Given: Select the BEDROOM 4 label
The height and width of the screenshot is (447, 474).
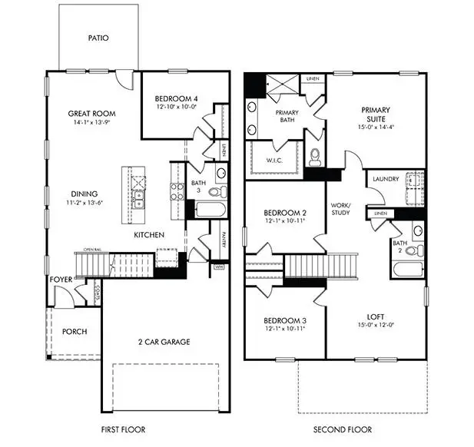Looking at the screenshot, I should coord(176,99).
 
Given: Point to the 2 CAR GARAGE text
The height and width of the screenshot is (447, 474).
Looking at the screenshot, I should coord(164,342).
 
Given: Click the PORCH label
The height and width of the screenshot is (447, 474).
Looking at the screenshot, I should coord(75,332).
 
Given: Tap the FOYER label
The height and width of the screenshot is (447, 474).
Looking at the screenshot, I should coord(62,280).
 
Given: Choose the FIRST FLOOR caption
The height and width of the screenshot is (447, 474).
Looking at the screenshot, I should coord(123,429).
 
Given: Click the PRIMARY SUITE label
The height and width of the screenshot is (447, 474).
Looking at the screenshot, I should coord(376,114).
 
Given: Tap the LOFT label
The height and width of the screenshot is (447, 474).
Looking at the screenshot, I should coord(376,316).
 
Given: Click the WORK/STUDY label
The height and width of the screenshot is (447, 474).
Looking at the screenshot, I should coord(340,209).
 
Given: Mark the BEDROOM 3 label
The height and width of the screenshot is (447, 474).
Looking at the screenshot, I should coord(285,320).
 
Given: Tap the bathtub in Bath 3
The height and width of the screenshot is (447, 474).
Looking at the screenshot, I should coord(209,210).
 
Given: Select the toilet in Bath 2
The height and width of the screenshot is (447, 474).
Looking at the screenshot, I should coord(413,250).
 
